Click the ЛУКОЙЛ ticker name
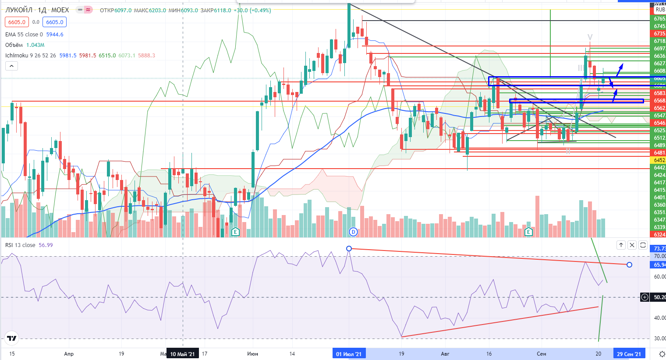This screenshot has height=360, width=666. click(19, 10)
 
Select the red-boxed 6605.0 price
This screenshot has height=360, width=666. click(17, 22)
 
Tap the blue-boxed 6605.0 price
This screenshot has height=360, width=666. click(55, 22)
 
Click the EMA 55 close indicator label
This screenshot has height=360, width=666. click(24, 35)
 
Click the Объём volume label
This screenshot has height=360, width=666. click(14, 45)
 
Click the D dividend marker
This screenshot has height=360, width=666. click(354, 232)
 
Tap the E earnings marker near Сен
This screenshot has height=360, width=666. click(528, 232)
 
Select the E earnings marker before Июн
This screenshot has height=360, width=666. click(235, 232)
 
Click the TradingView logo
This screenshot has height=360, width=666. click(12, 338)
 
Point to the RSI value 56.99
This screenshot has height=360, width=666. click(46, 245)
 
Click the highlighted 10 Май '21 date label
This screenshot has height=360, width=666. click(182, 354)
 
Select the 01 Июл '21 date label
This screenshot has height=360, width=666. click(349, 354)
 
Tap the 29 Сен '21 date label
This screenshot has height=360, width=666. click(629, 354)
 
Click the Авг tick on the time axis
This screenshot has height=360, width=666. click(445, 354)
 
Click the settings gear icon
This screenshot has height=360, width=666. click(662, 354)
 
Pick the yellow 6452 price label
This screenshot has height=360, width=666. click(659, 160)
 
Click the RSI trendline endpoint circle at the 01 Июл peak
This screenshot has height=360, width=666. click(349, 249)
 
